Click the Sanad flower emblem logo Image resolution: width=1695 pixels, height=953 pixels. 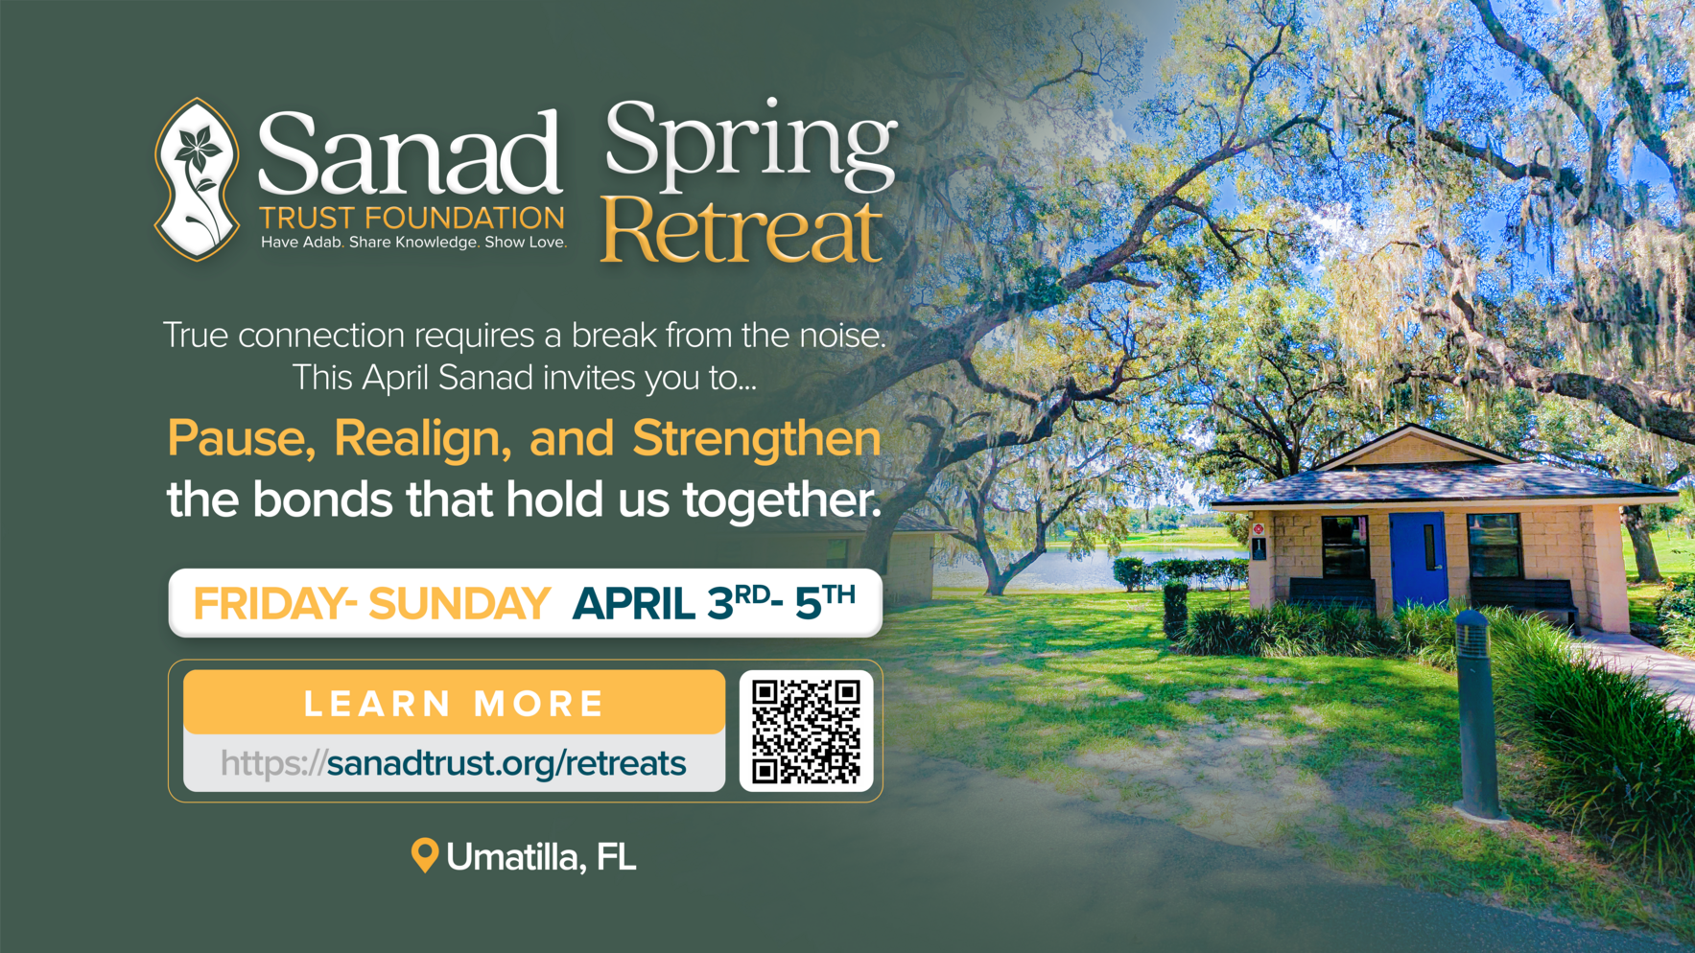[x=197, y=179]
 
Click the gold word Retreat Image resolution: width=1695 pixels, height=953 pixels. [x=742, y=232]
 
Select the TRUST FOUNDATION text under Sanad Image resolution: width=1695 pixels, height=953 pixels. [x=412, y=218]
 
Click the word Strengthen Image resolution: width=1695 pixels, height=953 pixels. [x=756, y=439]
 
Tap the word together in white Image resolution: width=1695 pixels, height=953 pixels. [x=780, y=500]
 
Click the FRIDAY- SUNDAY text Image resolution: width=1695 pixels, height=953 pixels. [x=371, y=604]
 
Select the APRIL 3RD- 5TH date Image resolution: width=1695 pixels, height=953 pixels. [x=714, y=603]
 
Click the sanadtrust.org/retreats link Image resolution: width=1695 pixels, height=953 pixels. [x=506, y=763]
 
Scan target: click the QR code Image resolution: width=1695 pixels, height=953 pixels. [x=806, y=732]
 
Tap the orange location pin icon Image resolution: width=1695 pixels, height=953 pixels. [x=424, y=854]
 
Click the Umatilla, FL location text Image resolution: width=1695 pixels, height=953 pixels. [x=541, y=857]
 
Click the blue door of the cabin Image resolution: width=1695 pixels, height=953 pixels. [x=1418, y=558]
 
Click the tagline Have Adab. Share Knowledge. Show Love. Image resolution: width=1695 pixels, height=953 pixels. [x=413, y=243]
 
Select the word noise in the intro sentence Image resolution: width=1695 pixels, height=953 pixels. [x=837, y=336]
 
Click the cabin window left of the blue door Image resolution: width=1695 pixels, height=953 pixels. [x=1345, y=546]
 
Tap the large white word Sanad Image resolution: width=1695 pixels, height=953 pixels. [x=410, y=153]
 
